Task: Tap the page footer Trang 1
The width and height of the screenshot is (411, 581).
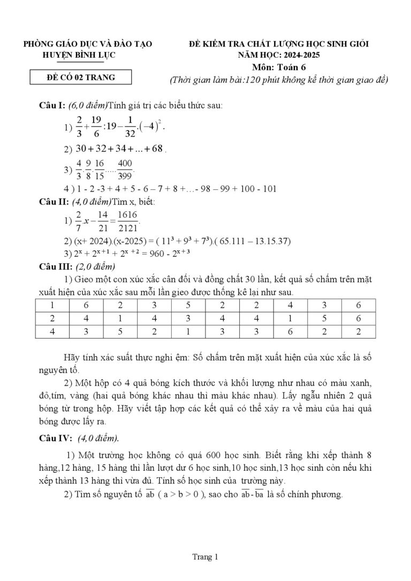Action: click(x=205, y=557)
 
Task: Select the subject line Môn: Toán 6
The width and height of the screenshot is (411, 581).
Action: click(x=279, y=67)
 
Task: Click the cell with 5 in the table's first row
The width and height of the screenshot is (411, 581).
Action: click(x=188, y=305)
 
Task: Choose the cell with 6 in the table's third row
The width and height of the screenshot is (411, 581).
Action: click(x=291, y=332)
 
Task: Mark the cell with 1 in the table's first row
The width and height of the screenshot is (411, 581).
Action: click(x=52, y=305)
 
